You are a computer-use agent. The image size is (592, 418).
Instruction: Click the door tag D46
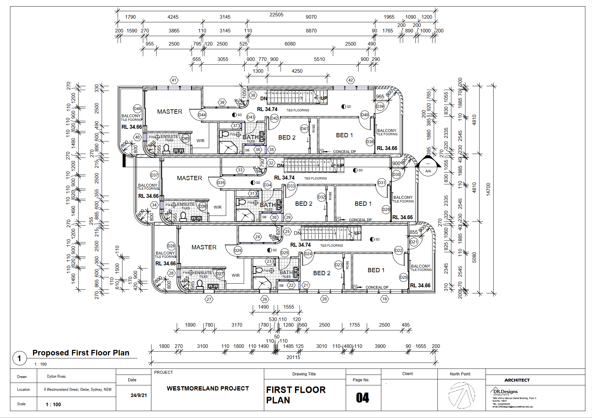point(137,109)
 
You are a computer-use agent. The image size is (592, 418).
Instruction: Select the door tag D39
point(380,106)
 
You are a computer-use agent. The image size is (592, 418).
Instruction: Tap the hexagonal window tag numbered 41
point(174,80)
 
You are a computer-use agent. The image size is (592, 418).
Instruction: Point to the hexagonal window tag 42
point(351,80)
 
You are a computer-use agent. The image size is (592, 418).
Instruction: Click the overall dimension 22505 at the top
point(276,14)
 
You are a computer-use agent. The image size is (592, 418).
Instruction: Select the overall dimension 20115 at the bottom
point(293,357)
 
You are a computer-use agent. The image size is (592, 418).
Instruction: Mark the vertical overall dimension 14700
point(488,189)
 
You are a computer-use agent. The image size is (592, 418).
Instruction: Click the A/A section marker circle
point(428,168)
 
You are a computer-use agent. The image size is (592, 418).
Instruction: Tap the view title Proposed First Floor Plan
point(81,353)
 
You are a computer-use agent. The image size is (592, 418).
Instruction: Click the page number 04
point(363,398)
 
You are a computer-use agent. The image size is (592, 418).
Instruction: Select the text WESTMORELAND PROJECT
point(208,389)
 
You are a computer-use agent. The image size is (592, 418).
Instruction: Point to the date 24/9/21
point(139,395)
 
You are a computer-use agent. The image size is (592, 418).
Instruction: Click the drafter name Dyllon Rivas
point(56,376)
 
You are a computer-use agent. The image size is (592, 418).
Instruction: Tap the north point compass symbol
point(462,395)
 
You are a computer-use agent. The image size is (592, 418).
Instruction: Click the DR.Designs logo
point(505,391)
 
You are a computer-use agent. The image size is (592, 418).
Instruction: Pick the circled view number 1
point(19,358)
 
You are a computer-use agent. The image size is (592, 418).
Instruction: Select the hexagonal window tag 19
point(385,299)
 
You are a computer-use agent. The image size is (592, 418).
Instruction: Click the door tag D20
point(403,277)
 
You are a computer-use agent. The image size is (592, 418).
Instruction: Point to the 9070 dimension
point(311,17)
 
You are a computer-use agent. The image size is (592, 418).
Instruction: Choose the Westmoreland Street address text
point(78,389)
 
